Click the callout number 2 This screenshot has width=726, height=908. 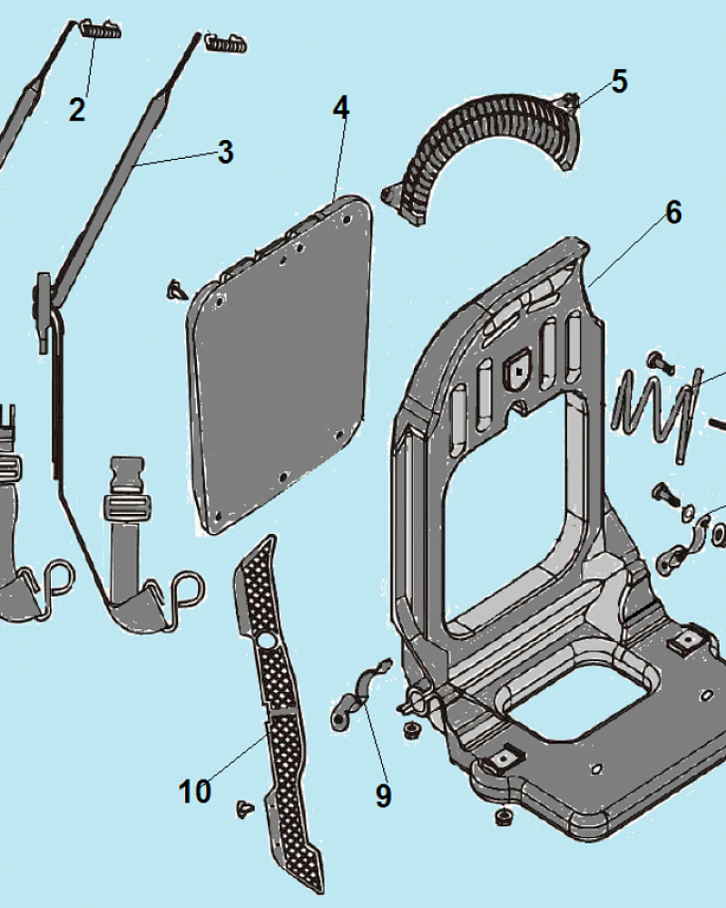[x=77, y=110]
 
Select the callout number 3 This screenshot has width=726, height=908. [x=224, y=152]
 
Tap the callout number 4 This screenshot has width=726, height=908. [x=340, y=107]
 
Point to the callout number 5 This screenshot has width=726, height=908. [x=618, y=81]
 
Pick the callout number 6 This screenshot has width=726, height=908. [x=672, y=212]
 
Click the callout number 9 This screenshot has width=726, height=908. [x=383, y=795]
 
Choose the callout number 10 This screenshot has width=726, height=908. [x=195, y=791]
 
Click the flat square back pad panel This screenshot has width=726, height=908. [x=281, y=363]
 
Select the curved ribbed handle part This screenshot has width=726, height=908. [x=490, y=145]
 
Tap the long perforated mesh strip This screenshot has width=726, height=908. [x=277, y=699]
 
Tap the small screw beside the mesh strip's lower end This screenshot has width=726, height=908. [x=243, y=807]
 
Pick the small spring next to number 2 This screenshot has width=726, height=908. [x=99, y=30]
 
